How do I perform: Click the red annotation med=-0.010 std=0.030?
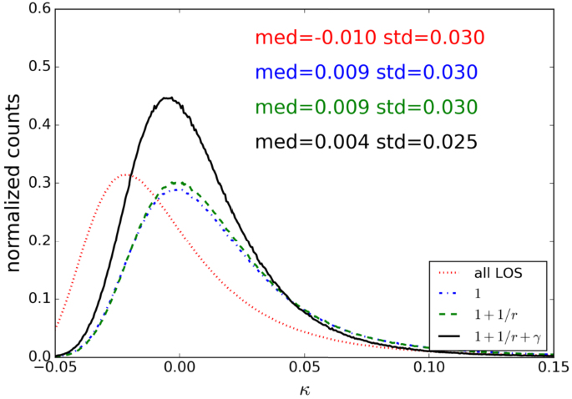tap(370, 38)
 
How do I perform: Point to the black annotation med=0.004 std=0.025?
tap(366, 143)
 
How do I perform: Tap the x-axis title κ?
tap(305, 388)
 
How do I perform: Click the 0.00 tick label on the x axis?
tap(180, 368)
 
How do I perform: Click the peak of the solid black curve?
tap(169, 98)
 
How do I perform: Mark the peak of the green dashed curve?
tap(176, 182)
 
